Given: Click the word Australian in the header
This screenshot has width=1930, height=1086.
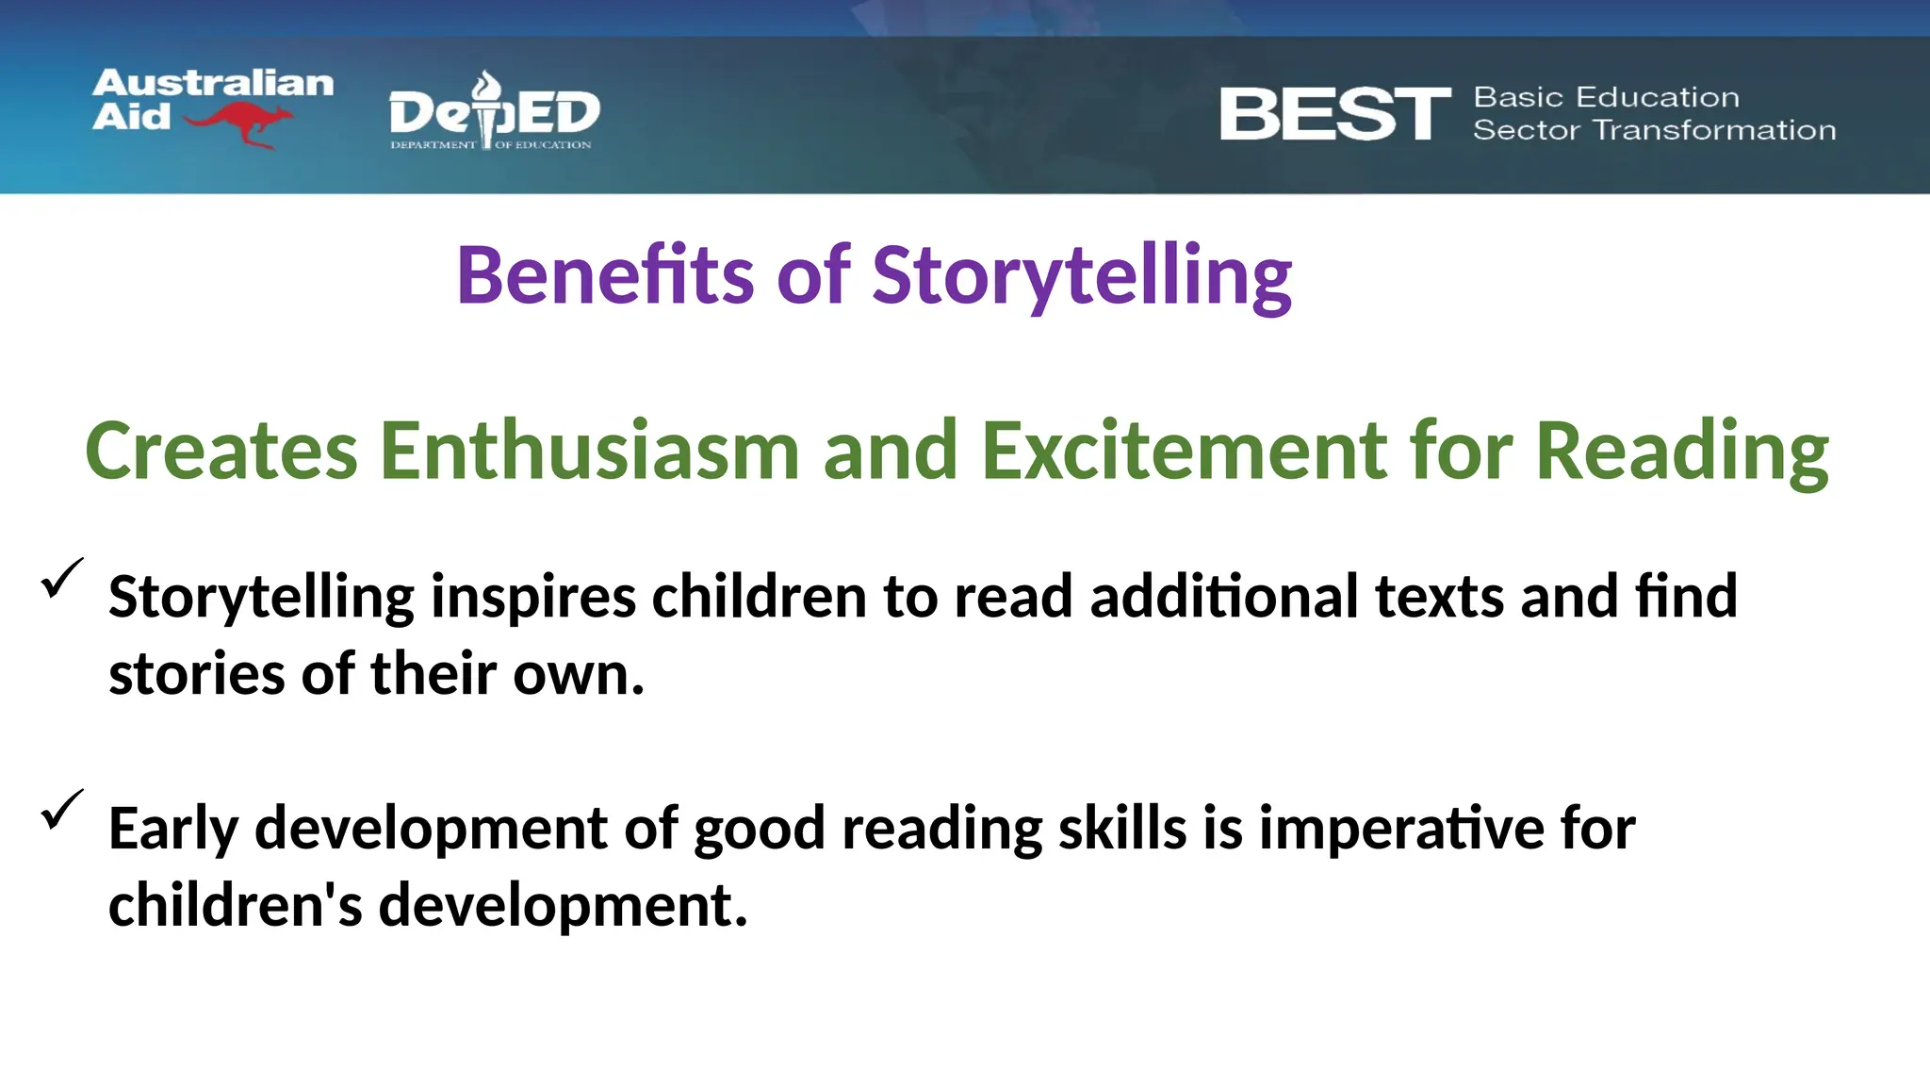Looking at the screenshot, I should pyautogui.click(x=213, y=84).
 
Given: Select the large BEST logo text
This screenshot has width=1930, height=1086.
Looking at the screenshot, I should pyautogui.click(x=1334, y=115).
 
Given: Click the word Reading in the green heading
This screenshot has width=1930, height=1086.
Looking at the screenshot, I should pyautogui.click(x=1682, y=452).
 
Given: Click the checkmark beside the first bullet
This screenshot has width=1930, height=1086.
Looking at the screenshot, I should pyautogui.click(x=62, y=578).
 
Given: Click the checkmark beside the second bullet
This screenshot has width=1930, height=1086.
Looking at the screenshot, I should pyautogui.click(x=62, y=809).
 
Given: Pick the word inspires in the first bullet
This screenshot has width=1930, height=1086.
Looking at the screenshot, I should pyautogui.click(x=532, y=597).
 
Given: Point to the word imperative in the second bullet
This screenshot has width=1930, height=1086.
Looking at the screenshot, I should pyautogui.click(x=1400, y=830).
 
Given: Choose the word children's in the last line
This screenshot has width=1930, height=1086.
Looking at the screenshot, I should pyautogui.click(x=235, y=906).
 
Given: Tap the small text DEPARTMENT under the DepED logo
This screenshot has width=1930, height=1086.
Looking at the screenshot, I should pyautogui.click(x=433, y=145).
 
